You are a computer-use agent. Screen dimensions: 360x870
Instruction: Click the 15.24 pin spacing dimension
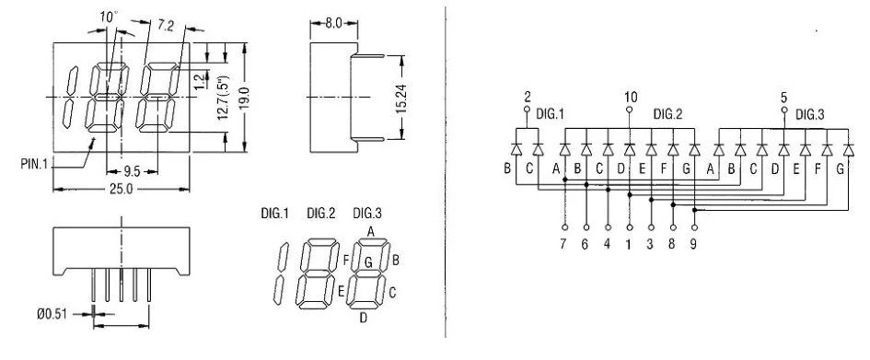(401, 97)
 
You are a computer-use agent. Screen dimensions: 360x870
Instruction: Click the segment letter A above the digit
(370, 232)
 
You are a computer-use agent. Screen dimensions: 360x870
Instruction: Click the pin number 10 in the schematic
(630, 97)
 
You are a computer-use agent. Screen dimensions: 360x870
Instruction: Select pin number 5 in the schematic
(784, 97)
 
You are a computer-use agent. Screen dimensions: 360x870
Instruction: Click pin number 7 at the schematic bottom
(563, 246)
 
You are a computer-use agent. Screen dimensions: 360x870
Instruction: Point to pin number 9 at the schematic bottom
(695, 246)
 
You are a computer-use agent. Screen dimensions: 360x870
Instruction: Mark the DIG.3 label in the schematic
(811, 114)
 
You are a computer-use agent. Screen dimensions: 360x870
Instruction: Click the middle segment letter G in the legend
(367, 262)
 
